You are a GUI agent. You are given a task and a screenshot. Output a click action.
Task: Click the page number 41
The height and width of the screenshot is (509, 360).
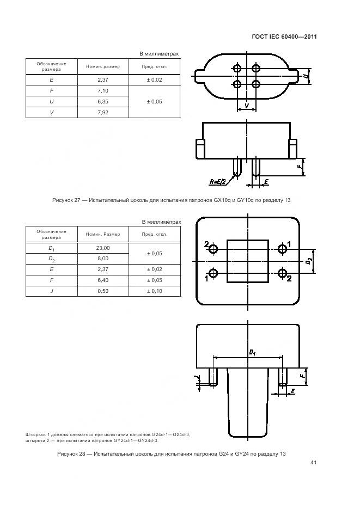[x=313, y=463]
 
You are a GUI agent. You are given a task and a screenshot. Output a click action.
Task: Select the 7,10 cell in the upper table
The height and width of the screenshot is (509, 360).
[x=102, y=90]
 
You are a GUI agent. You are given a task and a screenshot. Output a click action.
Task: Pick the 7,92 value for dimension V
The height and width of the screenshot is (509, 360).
[x=102, y=113]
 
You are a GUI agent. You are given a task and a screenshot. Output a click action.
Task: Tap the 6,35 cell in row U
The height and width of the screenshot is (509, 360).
[x=102, y=102]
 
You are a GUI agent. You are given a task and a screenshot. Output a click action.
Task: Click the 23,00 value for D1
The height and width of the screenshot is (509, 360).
[x=102, y=248]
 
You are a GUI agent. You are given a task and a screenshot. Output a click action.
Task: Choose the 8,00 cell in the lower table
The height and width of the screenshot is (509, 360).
[x=102, y=259]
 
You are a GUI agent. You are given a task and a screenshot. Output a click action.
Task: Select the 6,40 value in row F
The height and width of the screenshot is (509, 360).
[x=102, y=280]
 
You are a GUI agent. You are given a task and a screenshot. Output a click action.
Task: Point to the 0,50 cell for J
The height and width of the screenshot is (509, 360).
[x=102, y=291]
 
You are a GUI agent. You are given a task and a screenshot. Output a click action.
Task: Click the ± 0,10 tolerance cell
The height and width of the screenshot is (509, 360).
[x=154, y=291]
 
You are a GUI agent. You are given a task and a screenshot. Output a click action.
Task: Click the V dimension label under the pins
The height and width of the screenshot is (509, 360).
[x=247, y=105]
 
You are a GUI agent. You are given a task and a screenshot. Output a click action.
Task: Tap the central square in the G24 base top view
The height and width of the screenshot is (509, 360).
[x=247, y=261]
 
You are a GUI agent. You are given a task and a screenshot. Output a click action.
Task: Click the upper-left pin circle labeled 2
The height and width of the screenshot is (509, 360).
[x=213, y=249]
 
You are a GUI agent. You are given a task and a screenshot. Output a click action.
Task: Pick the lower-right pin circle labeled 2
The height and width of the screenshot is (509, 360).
[x=282, y=273]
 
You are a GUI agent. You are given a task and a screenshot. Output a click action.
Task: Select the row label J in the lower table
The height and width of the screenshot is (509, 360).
[x=51, y=291]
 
